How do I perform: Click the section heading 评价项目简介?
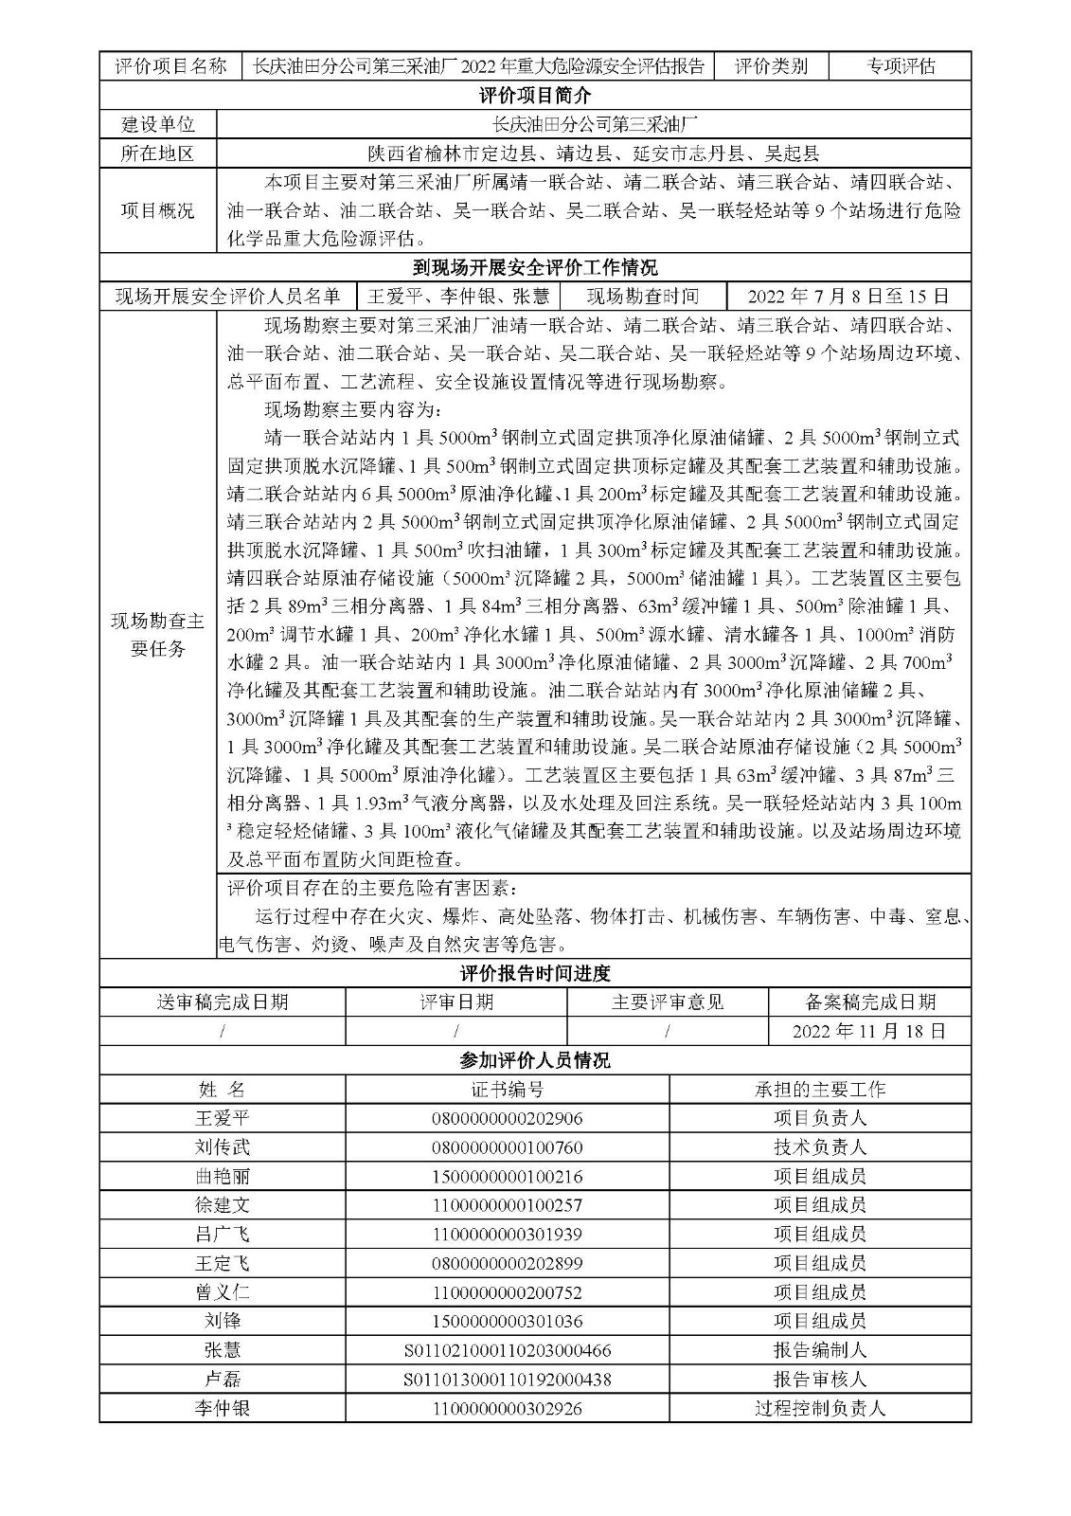coord(535,96)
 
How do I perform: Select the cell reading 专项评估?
coord(901,65)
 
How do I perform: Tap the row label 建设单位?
coord(157,124)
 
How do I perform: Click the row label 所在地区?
coord(157,153)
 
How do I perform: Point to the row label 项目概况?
coord(157,210)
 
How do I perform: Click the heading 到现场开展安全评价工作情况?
coord(535,267)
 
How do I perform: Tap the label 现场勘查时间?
coord(643,297)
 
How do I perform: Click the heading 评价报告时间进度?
coord(535,973)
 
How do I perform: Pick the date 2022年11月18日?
coord(868,1031)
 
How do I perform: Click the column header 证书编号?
coord(508,1090)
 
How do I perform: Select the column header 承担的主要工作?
coord(820,1090)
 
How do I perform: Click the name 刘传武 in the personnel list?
coord(223,1147)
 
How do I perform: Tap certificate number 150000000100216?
coord(508,1177)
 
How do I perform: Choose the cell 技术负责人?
coord(820,1147)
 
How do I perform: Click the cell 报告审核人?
coord(820,1380)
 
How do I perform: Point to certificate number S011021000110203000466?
coord(508,1350)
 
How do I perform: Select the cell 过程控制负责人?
coord(820,1409)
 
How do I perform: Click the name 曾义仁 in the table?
coord(223,1292)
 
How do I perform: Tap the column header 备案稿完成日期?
coord(868,1002)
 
